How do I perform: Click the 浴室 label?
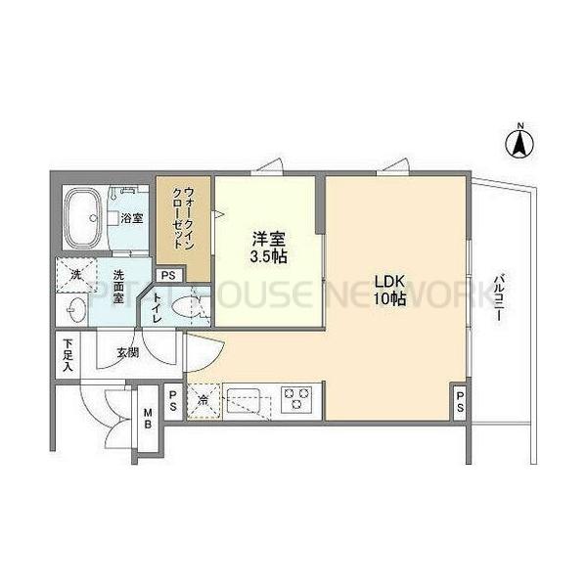click(x=132, y=218)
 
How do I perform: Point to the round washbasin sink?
click(x=74, y=311)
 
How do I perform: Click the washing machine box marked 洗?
click(x=75, y=275)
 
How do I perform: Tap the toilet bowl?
click(x=186, y=309)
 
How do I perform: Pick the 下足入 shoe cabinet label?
click(x=68, y=355)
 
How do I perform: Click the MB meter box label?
click(x=149, y=418)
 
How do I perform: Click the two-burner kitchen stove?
click(x=295, y=400)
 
